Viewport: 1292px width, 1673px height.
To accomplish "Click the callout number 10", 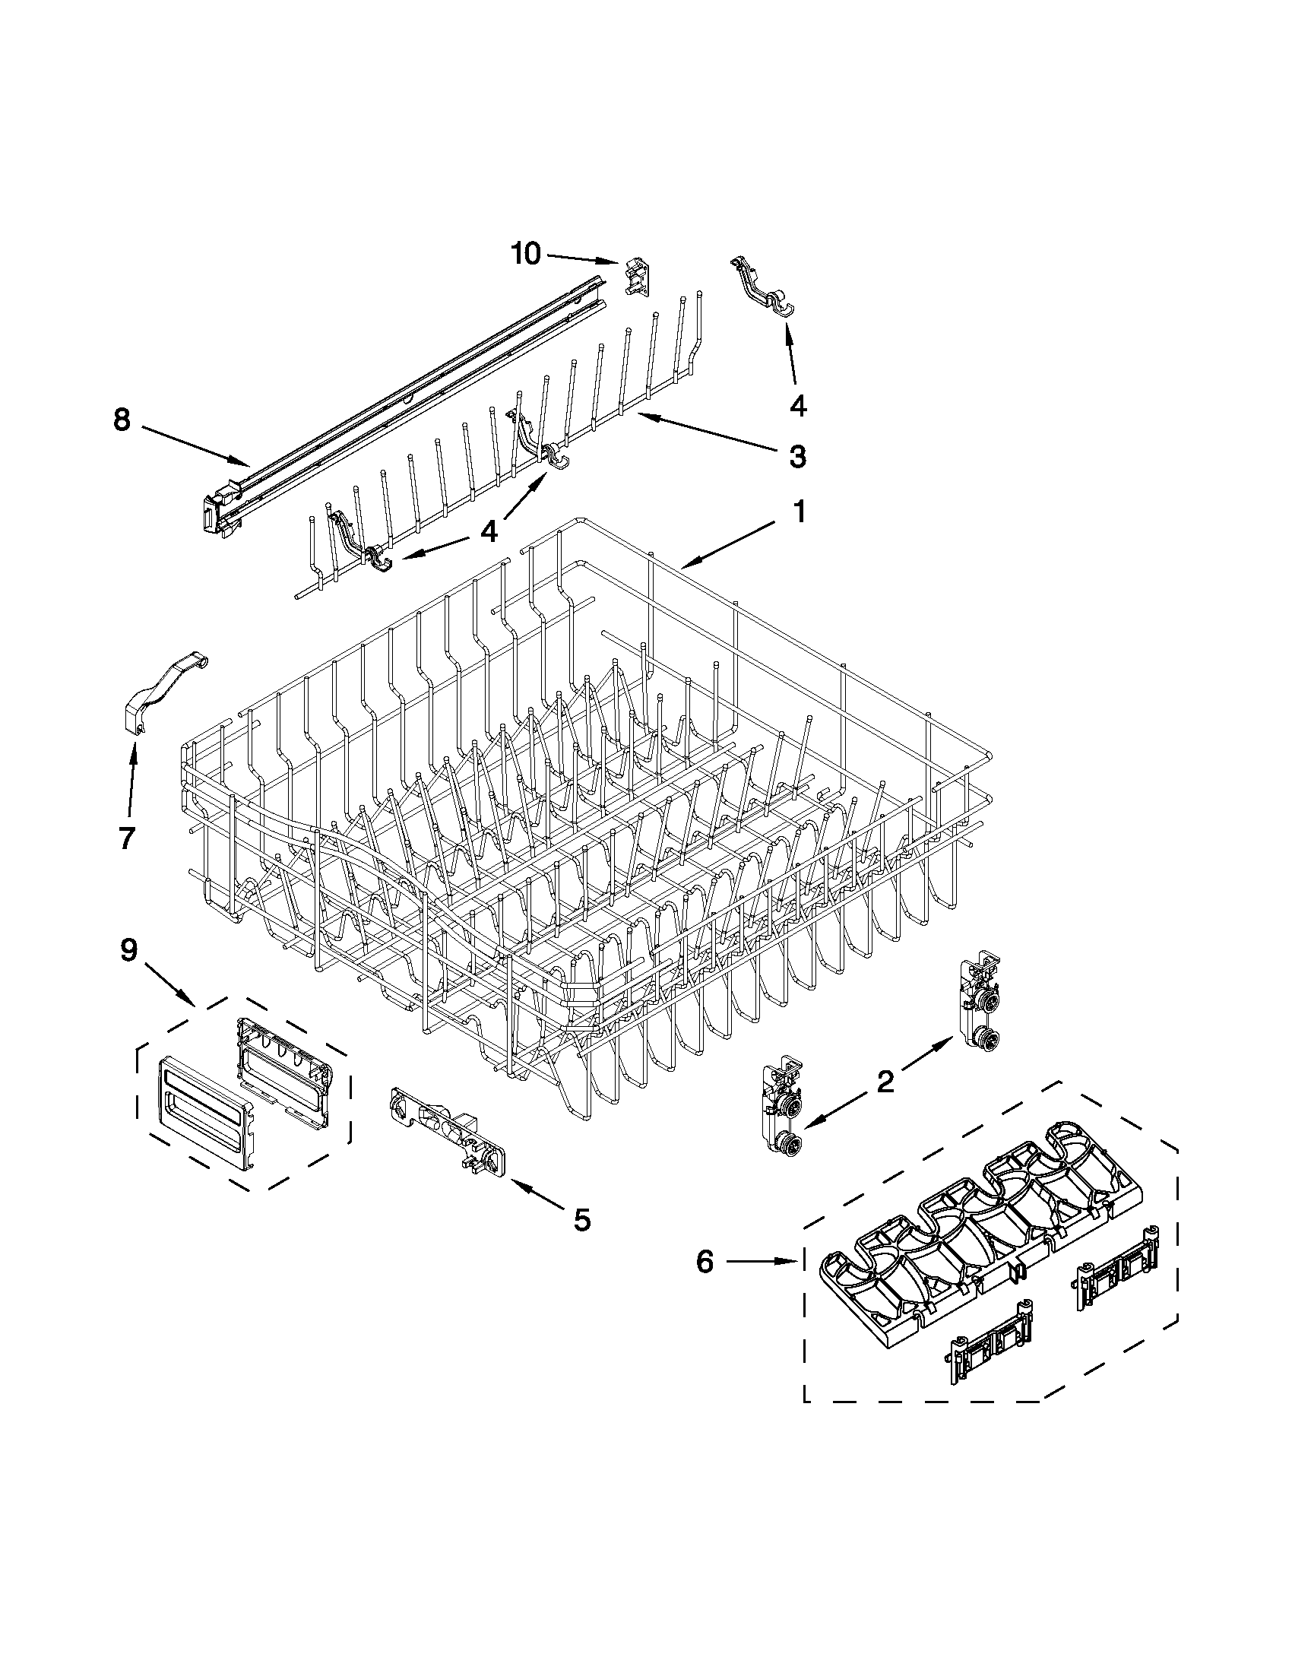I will [525, 254].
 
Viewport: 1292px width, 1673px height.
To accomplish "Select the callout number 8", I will [122, 420].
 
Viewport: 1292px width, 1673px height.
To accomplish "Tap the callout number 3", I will [797, 458].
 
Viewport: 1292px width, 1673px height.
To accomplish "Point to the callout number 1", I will [798, 512].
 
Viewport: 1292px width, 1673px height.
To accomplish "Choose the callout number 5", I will [582, 1219].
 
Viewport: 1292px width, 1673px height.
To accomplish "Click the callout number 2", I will [885, 1082].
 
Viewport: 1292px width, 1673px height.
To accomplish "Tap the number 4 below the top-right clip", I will [797, 405].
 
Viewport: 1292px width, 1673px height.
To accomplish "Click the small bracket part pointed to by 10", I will [635, 277].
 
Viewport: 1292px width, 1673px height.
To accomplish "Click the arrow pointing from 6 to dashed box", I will [762, 1261].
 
